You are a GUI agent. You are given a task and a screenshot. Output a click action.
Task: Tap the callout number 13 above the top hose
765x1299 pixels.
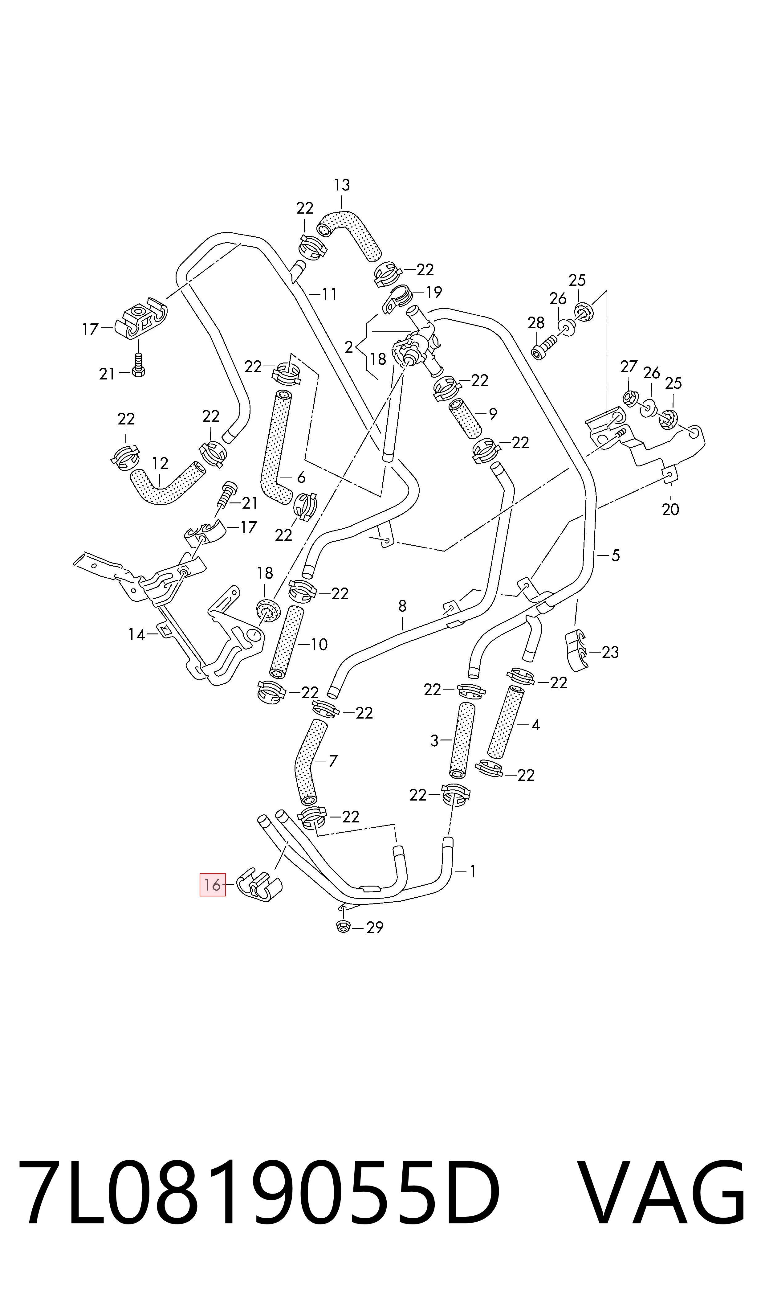342,185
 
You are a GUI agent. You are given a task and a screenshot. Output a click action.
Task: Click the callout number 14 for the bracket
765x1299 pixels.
136,634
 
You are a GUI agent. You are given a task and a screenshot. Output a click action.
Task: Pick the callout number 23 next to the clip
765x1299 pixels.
610,652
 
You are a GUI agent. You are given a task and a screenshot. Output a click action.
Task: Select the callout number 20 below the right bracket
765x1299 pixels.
671,510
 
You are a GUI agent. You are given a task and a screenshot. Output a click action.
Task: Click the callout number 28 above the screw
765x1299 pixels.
536,323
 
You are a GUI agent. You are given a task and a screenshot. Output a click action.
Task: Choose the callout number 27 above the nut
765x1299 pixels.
629,367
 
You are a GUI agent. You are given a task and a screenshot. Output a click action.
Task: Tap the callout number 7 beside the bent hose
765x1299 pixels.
333,761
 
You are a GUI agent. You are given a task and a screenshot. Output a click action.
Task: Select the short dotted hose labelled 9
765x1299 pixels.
466,417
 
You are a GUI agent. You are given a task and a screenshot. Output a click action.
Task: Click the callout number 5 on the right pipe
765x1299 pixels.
616,555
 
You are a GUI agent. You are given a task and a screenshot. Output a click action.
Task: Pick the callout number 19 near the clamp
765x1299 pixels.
434,293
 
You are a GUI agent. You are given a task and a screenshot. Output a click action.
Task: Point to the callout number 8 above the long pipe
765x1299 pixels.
403,606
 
